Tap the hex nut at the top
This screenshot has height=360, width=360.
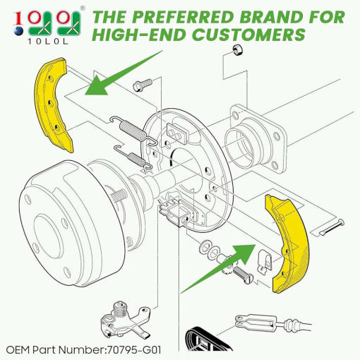pyautogui.click(x=238, y=50)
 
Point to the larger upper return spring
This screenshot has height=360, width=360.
pyautogui.click(x=133, y=130)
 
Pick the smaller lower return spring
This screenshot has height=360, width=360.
pyautogui.click(x=133, y=157)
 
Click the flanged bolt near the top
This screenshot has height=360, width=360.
pyautogui.click(x=143, y=85)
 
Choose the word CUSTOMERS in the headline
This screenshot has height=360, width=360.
pyautogui.click(x=248, y=35)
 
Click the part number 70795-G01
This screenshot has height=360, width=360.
pyautogui.click(x=134, y=350)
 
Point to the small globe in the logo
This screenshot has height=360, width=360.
pyautogui.click(x=18, y=31)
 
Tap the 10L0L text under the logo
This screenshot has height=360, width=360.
pyautogui.click(x=48, y=42)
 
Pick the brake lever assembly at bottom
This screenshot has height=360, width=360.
pyautogui.click(x=125, y=319)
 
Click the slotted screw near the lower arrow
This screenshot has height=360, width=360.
pyautogui.click(x=243, y=274)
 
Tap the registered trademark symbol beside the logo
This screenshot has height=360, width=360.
pyautogui.click(x=83, y=8)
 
